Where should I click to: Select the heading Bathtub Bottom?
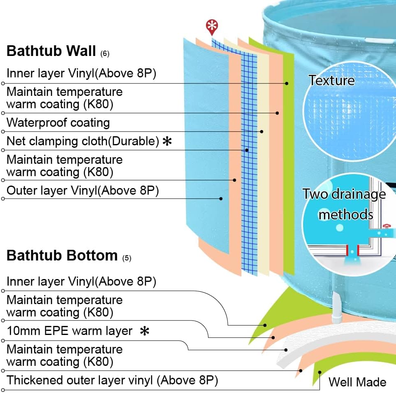click(62, 256)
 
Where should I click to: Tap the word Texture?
click(331, 80)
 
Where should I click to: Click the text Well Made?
click(357, 382)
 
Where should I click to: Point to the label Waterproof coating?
click(58, 123)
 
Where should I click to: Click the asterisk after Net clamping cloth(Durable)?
click(167, 142)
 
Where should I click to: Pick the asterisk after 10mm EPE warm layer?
click(144, 331)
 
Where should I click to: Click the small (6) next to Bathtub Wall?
click(105, 53)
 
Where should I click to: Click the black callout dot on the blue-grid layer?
click(247, 150)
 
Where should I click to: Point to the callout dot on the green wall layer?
click(287, 84)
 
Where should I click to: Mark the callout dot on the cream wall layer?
click(262, 132)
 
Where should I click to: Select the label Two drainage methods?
click(345, 204)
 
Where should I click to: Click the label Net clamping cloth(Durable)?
click(83, 141)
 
